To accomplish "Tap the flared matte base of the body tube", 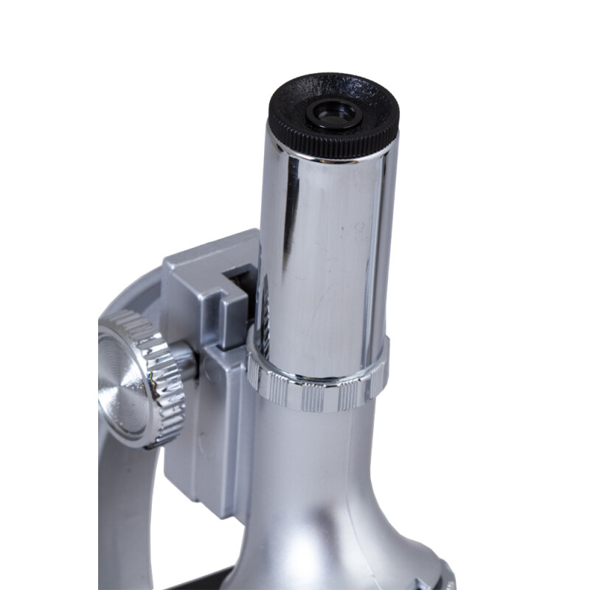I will pos(324,502).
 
